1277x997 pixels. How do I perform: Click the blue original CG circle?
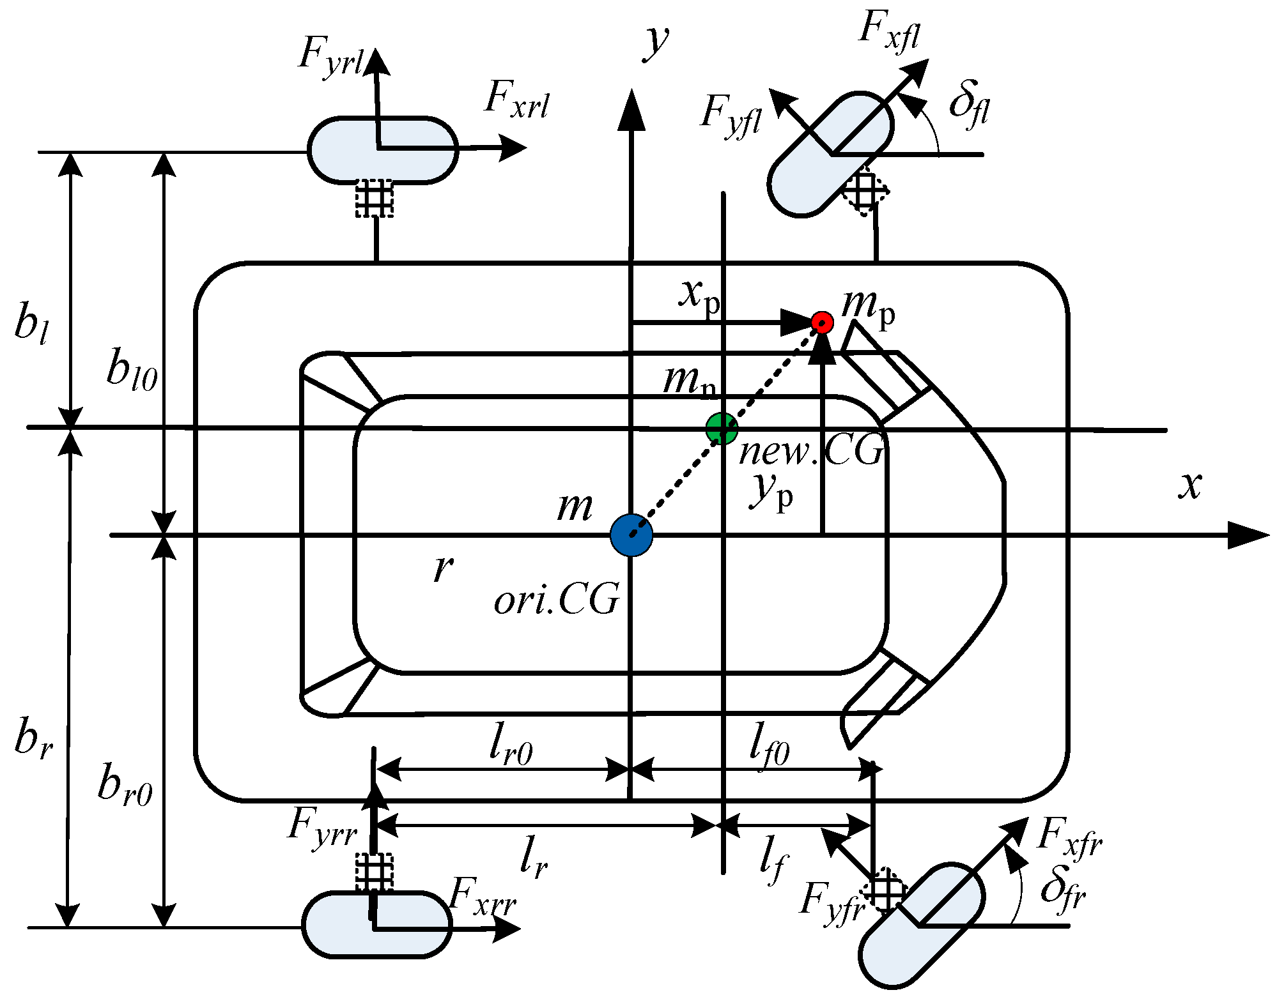coord(631,535)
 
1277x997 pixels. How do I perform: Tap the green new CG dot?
coord(722,429)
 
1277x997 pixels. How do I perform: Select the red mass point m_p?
coord(822,323)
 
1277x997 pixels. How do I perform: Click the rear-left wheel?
coord(382,151)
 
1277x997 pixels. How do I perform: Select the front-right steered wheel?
coord(921,925)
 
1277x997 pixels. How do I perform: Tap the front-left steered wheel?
coord(830,155)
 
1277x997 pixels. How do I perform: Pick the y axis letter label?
coord(655,42)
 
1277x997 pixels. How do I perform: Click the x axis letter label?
coord(1189,485)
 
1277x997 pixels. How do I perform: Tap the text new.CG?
coord(810,452)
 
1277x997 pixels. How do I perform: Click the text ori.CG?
coord(556,599)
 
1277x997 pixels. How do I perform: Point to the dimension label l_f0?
coord(770,745)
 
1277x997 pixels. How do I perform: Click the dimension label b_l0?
coord(132,370)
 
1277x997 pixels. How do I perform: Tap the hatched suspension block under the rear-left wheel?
coord(375,199)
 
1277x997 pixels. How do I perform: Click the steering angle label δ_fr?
coord(1062,888)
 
